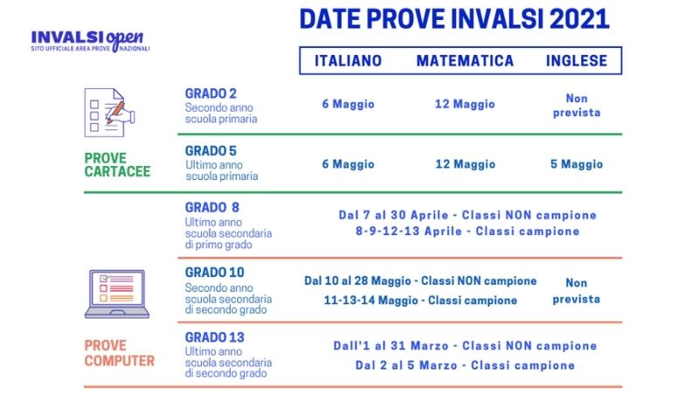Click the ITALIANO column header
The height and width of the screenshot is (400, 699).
click(348, 60)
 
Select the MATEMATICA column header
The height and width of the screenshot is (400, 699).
click(465, 60)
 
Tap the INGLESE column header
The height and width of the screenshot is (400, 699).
click(577, 60)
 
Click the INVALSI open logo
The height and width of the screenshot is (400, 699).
click(90, 41)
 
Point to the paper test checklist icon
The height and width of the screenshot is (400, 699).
click(109, 113)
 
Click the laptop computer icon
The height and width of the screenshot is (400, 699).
click(117, 294)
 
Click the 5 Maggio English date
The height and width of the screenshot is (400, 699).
click(577, 164)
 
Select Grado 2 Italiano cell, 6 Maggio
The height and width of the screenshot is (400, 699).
click(348, 104)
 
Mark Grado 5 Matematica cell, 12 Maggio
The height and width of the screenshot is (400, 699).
click(465, 164)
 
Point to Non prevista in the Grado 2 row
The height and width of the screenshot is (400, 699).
click(577, 105)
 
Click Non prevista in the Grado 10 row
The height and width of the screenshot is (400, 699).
click(577, 291)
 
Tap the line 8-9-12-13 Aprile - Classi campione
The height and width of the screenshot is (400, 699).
click(467, 231)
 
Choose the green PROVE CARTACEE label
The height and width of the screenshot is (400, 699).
click(117, 165)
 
